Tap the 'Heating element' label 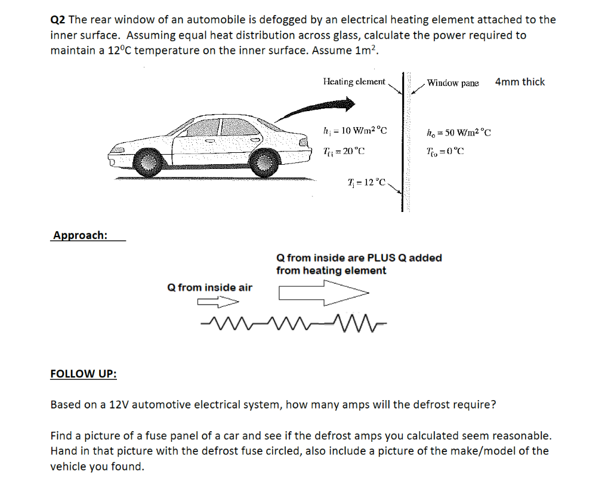(x=354, y=81)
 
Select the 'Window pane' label (x=453, y=83)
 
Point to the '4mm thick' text (x=520, y=82)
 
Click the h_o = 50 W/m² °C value (x=459, y=132)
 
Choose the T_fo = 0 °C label (x=445, y=151)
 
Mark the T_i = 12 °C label (x=366, y=181)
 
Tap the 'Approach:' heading (x=80, y=235)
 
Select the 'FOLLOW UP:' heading (x=84, y=374)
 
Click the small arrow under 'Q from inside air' (x=214, y=302)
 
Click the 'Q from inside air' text (x=210, y=288)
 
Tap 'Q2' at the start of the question (x=58, y=20)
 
